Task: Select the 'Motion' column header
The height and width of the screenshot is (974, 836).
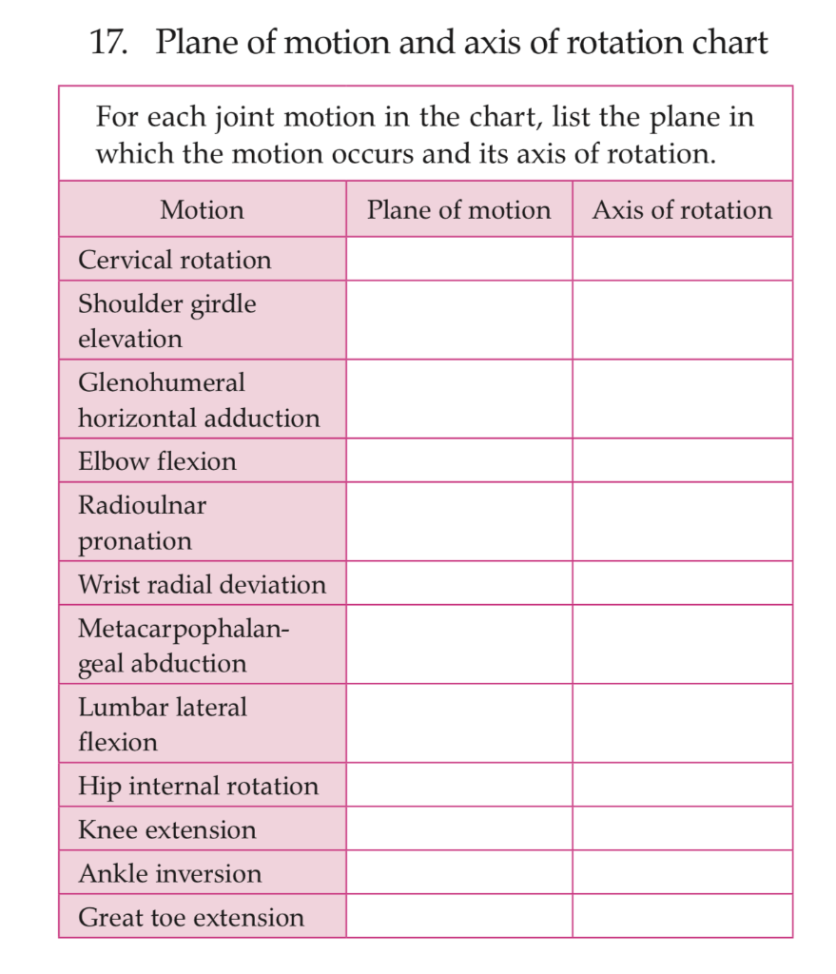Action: click(x=202, y=209)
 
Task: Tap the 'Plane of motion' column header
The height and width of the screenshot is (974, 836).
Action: click(x=458, y=209)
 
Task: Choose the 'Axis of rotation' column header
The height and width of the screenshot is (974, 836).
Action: click(x=682, y=209)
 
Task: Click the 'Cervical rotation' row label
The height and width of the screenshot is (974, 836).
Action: click(x=174, y=260)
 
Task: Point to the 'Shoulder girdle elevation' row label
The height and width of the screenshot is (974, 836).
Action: click(x=166, y=321)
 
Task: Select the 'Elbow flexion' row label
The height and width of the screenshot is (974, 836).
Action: click(x=157, y=461)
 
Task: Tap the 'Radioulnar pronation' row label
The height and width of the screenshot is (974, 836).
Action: click(x=142, y=522)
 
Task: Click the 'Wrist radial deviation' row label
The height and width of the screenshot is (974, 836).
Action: click(x=202, y=584)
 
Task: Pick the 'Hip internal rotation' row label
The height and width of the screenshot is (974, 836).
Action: click(x=198, y=786)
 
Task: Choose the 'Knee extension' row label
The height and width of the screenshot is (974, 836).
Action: click(x=166, y=829)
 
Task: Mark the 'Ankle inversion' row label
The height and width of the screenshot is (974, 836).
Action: click(x=169, y=873)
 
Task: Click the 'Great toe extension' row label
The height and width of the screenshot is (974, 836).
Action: click(x=191, y=917)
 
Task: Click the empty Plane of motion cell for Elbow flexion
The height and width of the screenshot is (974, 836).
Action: click(x=458, y=460)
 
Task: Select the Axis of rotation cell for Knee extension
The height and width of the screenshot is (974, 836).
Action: click(x=682, y=828)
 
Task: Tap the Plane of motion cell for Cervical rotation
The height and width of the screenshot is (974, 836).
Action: click(x=458, y=259)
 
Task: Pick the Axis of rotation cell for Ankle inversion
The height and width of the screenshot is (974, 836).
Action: click(x=682, y=872)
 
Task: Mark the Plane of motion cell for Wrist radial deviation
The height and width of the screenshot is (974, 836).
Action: click(x=458, y=583)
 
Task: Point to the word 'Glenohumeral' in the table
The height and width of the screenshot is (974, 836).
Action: click(x=161, y=382)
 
